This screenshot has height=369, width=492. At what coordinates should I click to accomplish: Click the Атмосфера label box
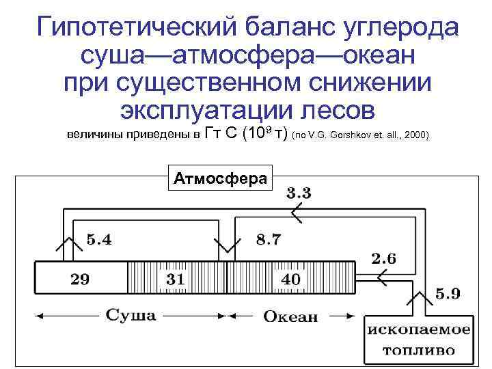point(219,178)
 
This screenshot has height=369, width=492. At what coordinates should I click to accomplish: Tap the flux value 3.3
point(299,193)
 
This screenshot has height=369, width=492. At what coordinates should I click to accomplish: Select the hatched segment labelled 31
point(176,279)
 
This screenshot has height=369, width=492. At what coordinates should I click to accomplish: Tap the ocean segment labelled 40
point(290,279)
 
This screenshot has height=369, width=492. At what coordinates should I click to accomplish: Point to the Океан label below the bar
point(290,316)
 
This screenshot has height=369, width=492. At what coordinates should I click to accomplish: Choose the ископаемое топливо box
point(420,340)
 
